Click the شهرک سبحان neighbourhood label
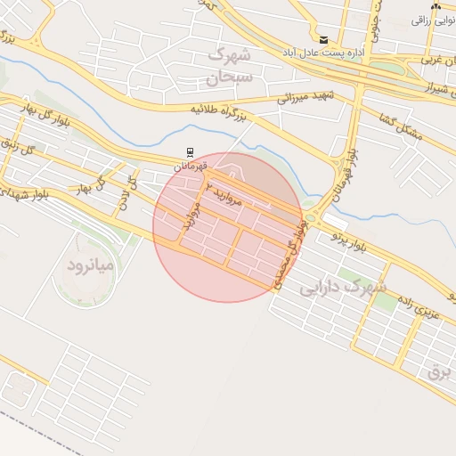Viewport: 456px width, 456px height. click(x=231, y=66)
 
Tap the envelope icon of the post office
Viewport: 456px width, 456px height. click(x=323, y=40)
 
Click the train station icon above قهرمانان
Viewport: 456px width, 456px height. click(x=189, y=152)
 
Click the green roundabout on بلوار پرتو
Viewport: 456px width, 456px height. click(x=312, y=215)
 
